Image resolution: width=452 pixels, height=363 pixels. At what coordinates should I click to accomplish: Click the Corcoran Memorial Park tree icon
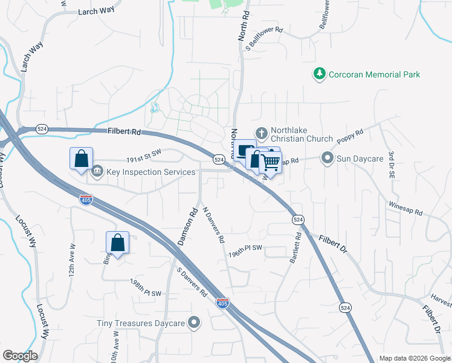point(318,74)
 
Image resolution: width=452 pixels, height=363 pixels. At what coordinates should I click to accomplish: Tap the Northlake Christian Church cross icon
point(262,132)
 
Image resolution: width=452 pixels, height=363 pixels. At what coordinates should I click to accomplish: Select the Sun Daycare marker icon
point(328,159)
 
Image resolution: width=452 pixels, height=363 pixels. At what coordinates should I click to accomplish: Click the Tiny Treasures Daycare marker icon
point(194,323)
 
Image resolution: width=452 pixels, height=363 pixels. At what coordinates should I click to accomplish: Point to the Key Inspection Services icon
point(97,172)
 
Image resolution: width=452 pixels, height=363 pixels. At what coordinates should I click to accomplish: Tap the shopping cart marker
point(271,162)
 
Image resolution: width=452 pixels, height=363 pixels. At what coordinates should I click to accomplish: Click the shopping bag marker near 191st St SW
point(81,159)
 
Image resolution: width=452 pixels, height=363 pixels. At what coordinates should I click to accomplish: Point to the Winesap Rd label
point(405,210)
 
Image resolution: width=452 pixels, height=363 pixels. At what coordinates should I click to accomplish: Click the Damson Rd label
point(187,227)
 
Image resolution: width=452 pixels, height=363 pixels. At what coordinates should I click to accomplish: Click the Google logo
point(20,356)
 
